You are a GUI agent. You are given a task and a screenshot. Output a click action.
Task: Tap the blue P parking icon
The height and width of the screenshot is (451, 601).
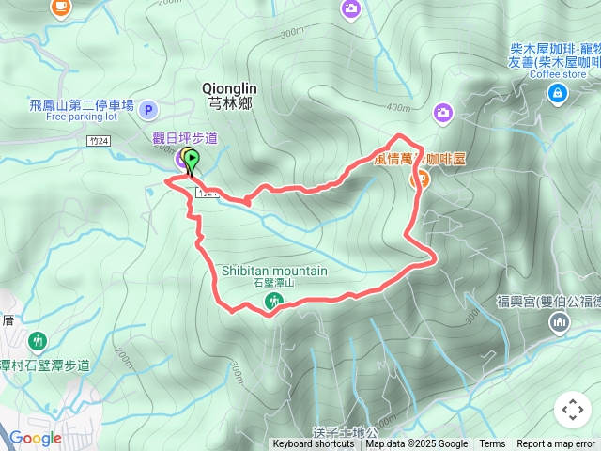point(147,111)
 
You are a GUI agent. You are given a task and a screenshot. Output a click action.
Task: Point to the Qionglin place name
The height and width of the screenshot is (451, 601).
point(226,87)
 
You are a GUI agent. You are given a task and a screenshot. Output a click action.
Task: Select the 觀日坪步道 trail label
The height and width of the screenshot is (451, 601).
point(185,138)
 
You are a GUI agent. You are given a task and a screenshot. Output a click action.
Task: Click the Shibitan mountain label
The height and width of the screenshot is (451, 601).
point(274,271)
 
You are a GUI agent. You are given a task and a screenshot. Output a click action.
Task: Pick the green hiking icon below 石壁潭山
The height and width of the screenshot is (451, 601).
point(273,302)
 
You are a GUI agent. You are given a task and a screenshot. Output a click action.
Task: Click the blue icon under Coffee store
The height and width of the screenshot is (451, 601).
point(558,93)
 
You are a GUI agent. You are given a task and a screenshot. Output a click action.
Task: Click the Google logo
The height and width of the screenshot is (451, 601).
point(35,438)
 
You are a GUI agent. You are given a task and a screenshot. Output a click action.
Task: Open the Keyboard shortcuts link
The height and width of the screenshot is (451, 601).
point(315,444)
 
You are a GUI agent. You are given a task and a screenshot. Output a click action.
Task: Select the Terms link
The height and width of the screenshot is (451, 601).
point(492,444)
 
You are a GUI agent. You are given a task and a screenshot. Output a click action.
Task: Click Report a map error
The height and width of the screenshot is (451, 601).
point(557,444)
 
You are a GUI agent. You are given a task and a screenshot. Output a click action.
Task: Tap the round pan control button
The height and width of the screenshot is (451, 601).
point(572,410)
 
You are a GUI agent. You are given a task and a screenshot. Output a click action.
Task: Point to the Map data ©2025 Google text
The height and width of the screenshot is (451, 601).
point(417,444)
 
